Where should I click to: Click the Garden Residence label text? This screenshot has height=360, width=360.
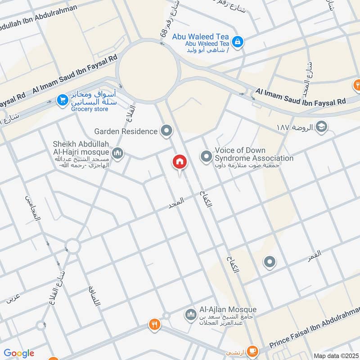(126, 131)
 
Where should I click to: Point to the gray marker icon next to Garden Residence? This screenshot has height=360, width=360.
(166, 131)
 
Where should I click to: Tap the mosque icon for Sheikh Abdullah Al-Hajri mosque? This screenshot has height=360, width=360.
(118, 154)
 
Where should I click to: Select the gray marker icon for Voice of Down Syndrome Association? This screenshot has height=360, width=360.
(206, 157)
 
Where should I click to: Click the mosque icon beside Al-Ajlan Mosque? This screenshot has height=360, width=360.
(191, 314)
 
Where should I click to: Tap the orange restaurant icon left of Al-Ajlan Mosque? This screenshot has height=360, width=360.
(154, 324)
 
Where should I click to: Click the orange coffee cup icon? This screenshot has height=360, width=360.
(252, 350)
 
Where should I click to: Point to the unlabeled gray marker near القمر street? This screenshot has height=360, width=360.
(270, 262)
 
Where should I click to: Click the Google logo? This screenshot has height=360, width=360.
(19, 353)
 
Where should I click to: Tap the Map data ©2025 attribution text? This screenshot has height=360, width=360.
(335, 355)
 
